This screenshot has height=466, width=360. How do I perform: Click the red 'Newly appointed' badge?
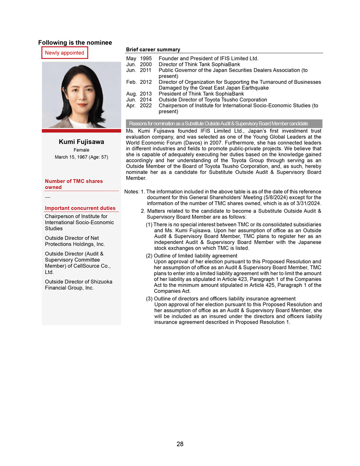pyautogui.click(x=65, y=53)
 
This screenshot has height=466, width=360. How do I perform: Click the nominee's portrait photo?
pyautogui.click(x=81, y=95)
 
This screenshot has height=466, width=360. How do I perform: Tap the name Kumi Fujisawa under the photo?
pyautogui.click(x=81, y=142)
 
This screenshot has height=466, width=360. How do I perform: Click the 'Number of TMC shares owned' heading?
pyautogui.click(x=74, y=184)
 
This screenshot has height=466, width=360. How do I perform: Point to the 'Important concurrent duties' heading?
pyautogui.click(x=80, y=208)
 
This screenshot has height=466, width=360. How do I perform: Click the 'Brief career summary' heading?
pyautogui.click(x=153, y=50)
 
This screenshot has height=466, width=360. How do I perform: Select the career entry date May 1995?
pyautogui.click(x=139, y=58)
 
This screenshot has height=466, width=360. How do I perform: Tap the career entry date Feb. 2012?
pyautogui.click(x=139, y=82)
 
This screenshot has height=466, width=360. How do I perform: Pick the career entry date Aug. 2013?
pyautogui.click(x=139, y=94)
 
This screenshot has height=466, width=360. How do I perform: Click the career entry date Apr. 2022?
pyautogui.click(x=139, y=105)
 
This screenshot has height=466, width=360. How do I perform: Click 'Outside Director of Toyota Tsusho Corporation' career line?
pyautogui.click(x=213, y=100)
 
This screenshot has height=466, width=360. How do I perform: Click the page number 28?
pyautogui.click(x=180, y=444)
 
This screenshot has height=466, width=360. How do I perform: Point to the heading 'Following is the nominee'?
pyautogui.click(x=75, y=43)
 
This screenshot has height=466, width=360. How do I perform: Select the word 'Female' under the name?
pyautogui.click(x=81, y=150)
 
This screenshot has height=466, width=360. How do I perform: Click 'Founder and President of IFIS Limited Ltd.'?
pyautogui.click(x=209, y=58)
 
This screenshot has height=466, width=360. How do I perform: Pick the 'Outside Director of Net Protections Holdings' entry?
pyautogui.click(x=75, y=241)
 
